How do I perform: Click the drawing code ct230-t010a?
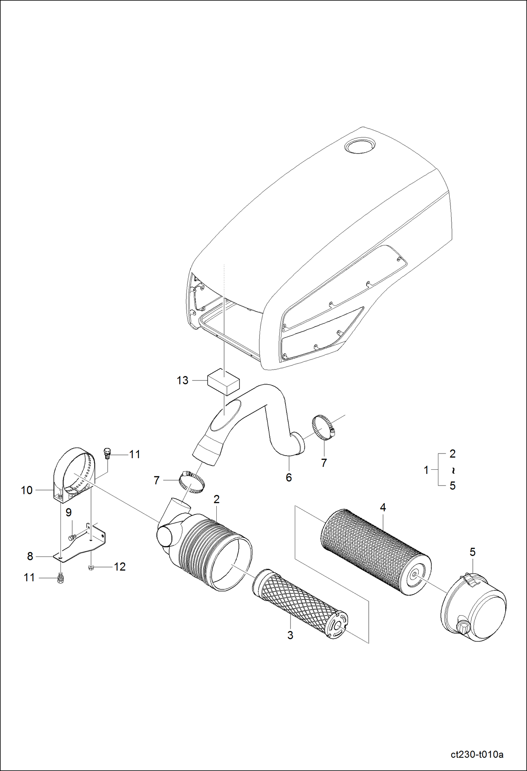(477, 754)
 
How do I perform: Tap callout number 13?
(182, 380)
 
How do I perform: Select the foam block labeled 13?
(223, 382)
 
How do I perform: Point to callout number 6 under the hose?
(288, 477)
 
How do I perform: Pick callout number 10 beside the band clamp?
(27, 490)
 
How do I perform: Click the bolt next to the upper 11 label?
(107, 454)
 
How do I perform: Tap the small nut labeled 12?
(91, 567)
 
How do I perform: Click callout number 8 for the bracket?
(30, 556)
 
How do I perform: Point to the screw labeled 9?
(73, 537)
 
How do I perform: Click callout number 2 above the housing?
(216, 499)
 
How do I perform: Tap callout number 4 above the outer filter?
(383, 507)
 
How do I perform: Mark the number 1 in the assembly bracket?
(426, 470)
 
